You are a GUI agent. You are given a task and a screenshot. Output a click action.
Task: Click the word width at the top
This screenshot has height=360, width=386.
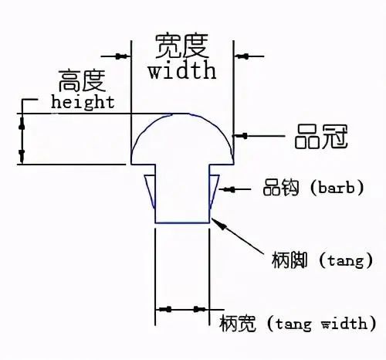pos(182,70)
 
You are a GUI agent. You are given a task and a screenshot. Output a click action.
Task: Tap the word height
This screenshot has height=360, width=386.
pos(83,102)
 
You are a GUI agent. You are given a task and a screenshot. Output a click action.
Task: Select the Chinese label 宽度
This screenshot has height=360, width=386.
pos(182,46)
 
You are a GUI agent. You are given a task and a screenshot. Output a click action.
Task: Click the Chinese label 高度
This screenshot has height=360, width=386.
pos(82,80)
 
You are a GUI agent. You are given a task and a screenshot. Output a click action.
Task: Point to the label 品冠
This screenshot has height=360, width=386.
pos(321,137)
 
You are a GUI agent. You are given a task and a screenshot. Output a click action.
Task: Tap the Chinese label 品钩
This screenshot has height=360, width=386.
pos(281,188)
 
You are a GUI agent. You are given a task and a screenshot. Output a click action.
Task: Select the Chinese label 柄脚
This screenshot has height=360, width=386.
pos(289,260)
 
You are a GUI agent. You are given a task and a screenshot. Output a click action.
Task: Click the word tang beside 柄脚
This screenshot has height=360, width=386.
pos(346,260)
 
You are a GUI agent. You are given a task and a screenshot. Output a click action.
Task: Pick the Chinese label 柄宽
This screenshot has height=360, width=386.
pos(237,323)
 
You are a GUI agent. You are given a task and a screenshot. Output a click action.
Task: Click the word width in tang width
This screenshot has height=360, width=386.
pos(344,323)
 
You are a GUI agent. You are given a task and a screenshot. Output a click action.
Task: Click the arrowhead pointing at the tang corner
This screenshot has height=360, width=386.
pos(220,225)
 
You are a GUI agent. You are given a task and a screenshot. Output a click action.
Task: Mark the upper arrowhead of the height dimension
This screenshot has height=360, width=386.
pos(22,124)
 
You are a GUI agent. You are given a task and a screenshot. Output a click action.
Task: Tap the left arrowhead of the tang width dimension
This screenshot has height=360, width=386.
pos(165,309)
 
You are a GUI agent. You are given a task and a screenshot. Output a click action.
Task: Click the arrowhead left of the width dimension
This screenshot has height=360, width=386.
pos(121,56)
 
